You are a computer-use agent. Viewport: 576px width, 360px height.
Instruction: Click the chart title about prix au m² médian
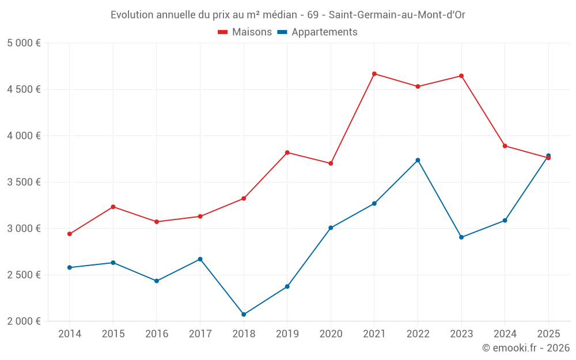287,15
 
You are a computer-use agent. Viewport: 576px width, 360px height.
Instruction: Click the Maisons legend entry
245,32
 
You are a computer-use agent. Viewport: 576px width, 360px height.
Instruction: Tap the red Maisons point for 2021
374,74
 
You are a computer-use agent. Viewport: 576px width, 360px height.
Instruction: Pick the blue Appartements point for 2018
244,314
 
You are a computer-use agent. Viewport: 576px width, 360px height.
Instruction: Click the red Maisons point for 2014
70,234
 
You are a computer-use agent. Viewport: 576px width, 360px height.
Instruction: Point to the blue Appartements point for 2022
418,160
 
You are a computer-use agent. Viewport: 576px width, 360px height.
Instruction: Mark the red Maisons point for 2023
461,76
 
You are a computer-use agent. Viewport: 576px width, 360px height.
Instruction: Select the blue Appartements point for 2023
461,237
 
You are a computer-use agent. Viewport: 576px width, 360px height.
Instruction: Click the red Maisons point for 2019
287,153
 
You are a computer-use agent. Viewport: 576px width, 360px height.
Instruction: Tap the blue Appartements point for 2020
331,228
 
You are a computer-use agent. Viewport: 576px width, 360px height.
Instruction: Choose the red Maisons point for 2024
505,146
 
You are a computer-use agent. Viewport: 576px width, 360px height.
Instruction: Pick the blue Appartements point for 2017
200,259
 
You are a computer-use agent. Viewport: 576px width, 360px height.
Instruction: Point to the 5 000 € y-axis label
24,43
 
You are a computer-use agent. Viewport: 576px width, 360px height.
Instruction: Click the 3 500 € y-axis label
24,182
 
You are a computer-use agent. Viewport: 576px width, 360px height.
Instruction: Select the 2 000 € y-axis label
24,321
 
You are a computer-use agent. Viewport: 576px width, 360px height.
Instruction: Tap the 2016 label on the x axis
157,334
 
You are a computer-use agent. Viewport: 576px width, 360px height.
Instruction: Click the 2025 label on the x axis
548,334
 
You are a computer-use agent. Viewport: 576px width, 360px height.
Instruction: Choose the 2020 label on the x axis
331,334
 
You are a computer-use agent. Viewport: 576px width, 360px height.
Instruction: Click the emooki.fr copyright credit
526,348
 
